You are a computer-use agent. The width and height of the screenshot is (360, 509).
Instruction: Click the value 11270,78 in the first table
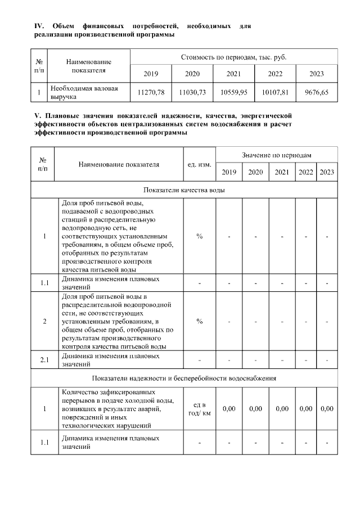[151, 92]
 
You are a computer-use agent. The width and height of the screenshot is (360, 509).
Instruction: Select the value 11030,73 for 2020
[192, 92]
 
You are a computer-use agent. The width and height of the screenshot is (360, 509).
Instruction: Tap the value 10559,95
[233, 92]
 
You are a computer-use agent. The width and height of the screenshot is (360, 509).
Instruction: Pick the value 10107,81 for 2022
[275, 92]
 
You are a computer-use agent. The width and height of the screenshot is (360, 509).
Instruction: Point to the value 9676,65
[317, 92]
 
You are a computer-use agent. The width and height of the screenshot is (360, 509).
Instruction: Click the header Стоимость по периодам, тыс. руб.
[233, 57]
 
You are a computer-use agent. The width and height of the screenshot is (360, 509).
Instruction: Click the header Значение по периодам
[277, 154]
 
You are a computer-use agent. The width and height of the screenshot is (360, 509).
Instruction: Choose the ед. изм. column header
[199, 165]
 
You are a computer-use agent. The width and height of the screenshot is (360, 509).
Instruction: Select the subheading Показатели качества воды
[184, 190]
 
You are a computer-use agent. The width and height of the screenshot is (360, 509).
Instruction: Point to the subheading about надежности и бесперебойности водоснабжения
[184, 378]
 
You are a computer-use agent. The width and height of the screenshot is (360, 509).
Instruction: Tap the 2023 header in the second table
[327, 172]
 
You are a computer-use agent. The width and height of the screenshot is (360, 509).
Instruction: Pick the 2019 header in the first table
[151, 74]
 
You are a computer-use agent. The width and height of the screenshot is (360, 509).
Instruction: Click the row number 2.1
[44, 359]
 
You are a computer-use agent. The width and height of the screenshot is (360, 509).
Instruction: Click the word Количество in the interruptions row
[78, 391]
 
